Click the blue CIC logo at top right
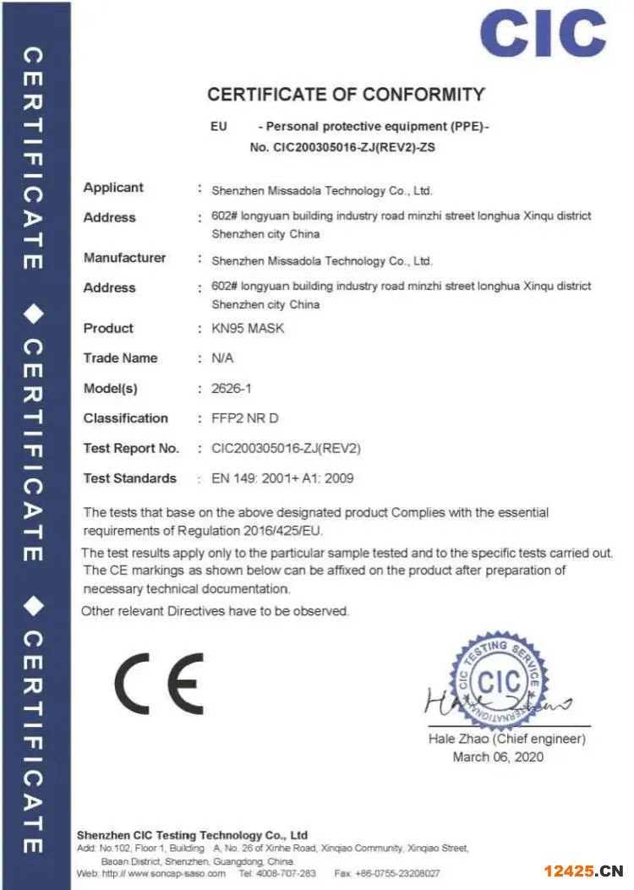coord(543,34)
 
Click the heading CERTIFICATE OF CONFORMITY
coord(346,95)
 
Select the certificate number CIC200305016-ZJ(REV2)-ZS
coord(355,147)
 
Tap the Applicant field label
coord(113,188)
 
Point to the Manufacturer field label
coord(124,258)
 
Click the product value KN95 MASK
coord(248,328)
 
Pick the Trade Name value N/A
coord(222,358)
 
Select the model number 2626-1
coord(228,389)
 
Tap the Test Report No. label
coord(131,448)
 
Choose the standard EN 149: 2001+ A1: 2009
coord(282,478)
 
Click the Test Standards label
coord(129,478)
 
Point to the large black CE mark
coord(160,683)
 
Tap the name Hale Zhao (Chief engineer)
coord(506,739)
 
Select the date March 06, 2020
coord(498,756)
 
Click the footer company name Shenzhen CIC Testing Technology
coord(192,835)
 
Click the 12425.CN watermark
coord(582,871)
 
